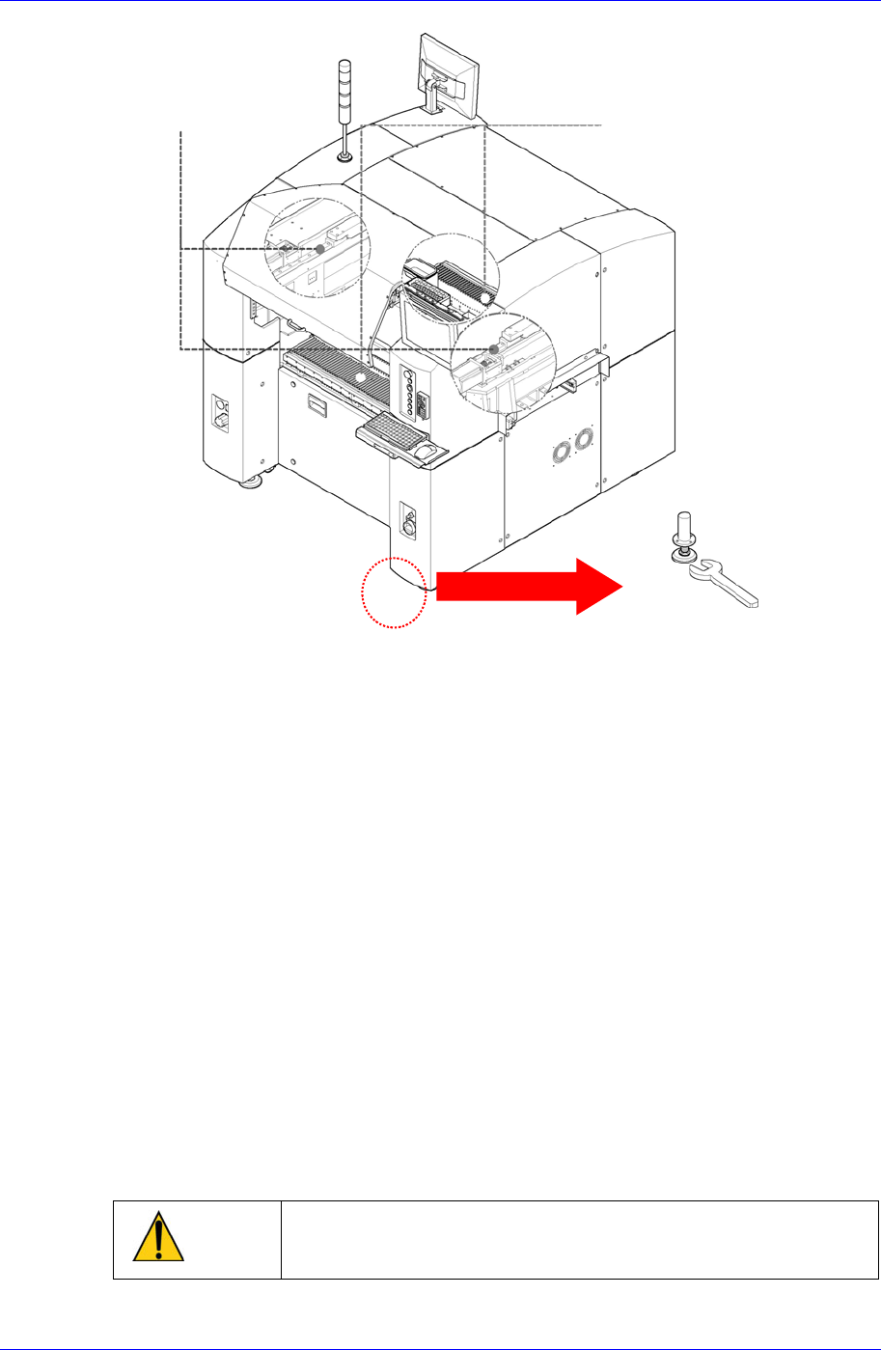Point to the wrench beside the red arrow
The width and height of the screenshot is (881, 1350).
(724, 585)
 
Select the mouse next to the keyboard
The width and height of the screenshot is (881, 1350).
(425, 452)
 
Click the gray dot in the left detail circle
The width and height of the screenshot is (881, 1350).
(320, 249)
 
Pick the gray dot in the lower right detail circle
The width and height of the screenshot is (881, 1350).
(493, 349)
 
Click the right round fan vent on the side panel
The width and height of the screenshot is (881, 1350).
(582, 440)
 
